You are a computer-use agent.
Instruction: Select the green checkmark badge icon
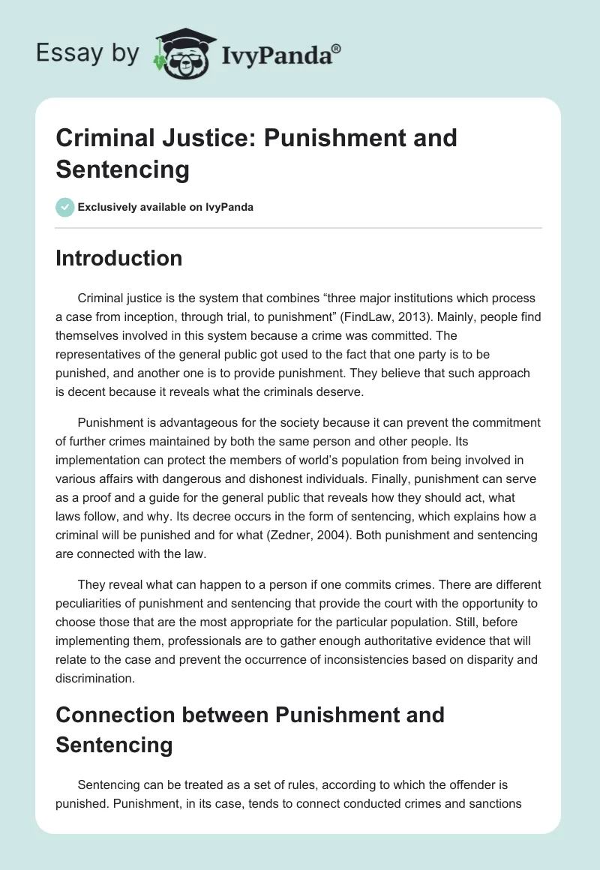pos(65,207)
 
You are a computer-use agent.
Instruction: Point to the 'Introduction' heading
pos(119,258)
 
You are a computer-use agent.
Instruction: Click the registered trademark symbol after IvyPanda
pos(337,47)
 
